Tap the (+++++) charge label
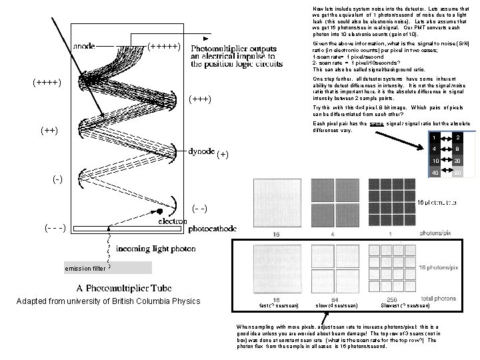click(163, 46)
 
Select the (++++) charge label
click(47, 83)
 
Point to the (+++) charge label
click(200, 100)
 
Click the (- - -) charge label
click(53, 227)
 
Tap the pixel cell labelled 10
click(435, 161)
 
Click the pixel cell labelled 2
click(457, 137)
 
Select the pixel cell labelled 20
click(457, 161)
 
